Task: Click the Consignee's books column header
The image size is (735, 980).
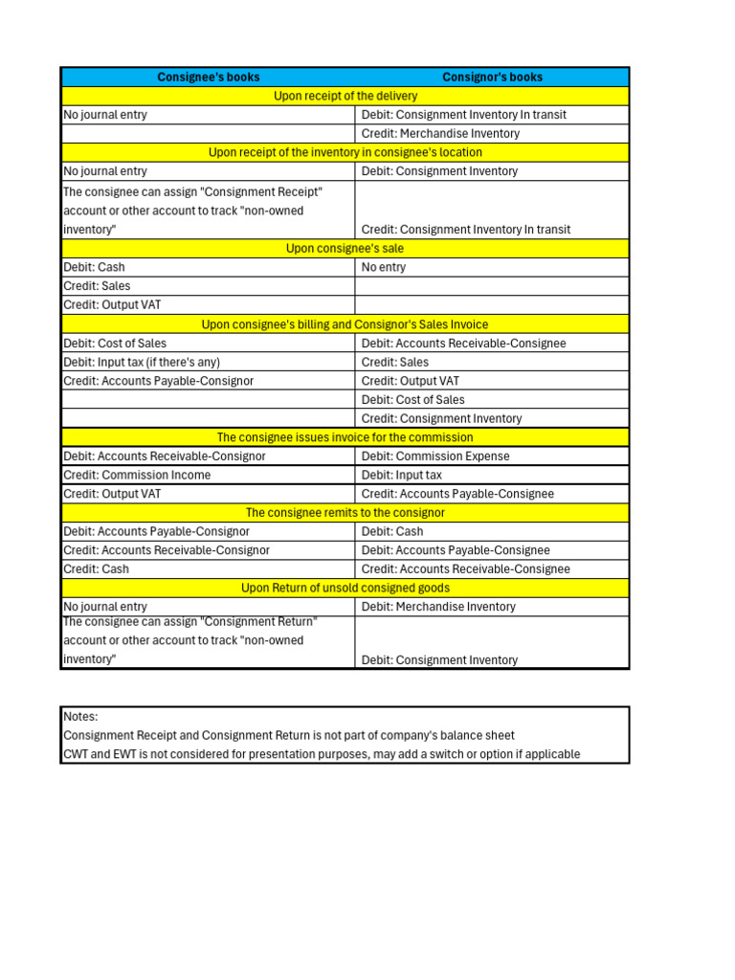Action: pyautogui.click(x=209, y=78)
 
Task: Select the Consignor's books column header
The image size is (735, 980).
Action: pyautogui.click(x=492, y=78)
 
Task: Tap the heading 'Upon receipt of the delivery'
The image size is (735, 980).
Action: pyautogui.click(x=345, y=96)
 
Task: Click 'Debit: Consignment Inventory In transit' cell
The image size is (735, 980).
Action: pyautogui.click(x=464, y=115)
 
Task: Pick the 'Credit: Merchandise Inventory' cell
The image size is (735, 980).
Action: pyautogui.click(x=440, y=134)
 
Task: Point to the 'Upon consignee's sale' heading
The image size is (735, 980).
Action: pyautogui.click(x=345, y=249)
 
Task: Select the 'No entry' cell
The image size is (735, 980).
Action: pyautogui.click(x=384, y=268)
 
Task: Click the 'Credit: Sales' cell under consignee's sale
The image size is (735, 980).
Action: pyautogui.click(x=97, y=286)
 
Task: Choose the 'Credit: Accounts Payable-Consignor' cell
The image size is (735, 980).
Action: pyautogui.click(x=158, y=381)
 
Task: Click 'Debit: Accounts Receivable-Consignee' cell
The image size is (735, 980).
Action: pyautogui.click(x=464, y=344)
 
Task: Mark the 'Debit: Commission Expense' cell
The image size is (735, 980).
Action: pyautogui.click(x=435, y=457)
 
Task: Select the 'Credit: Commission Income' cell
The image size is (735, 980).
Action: pyautogui.click(x=137, y=476)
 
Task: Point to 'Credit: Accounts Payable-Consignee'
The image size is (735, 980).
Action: pyautogui.click(x=457, y=495)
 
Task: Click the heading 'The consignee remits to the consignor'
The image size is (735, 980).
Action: pyautogui.click(x=345, y=513)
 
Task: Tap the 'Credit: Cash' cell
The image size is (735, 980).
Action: pyautogui.click(x=96, y=569)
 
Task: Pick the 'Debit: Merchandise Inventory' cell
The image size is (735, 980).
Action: pyautogui.click(x=438, y=607)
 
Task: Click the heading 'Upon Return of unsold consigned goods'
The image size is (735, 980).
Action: pyautogui.click(x=345, y=588)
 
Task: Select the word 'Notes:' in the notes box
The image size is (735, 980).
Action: pyautogui.click(x=80, y=717)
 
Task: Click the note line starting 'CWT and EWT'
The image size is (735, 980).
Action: pyautogui.click(x=322, y=754)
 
